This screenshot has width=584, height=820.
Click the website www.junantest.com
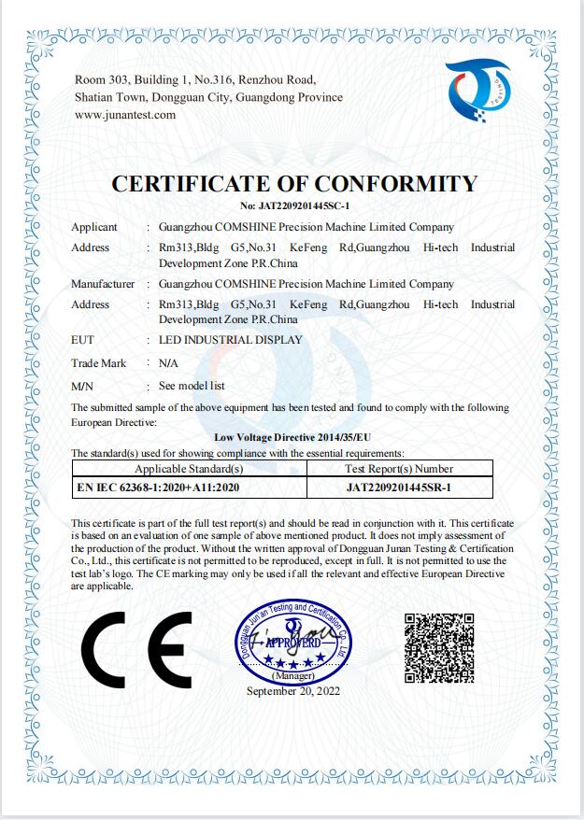125,115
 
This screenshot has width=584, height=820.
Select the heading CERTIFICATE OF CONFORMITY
294,184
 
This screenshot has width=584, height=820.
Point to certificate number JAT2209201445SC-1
294,205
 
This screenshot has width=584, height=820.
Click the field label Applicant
94,227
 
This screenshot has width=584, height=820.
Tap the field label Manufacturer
103,284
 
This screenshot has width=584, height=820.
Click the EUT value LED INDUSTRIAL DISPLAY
231,340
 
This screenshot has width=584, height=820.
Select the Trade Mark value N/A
168,362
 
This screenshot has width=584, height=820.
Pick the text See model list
192,386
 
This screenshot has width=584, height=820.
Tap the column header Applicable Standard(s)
190,469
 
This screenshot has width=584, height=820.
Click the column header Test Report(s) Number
399,469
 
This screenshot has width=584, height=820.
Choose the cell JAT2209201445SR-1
399,487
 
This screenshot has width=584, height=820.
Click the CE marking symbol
136,649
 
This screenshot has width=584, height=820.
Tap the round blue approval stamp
293,641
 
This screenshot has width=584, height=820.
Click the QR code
439,646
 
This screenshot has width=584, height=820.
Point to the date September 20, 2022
293,691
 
